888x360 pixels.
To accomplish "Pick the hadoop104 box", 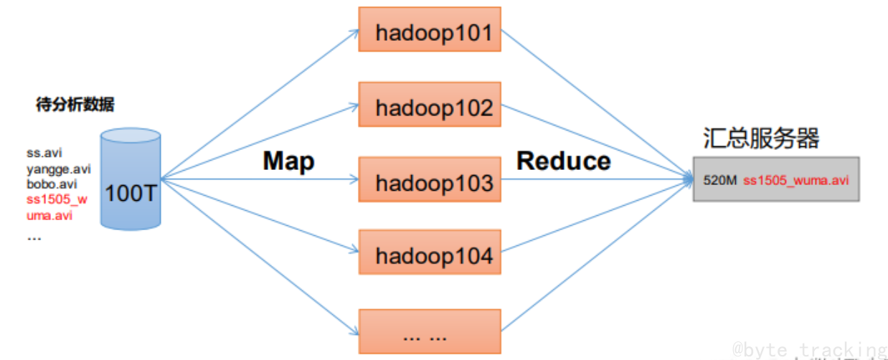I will [x=430, y=255].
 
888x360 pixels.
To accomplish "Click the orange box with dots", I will [x=430, y=331].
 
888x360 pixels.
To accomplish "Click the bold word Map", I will [x=288, y=161].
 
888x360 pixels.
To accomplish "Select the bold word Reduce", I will [x=563, y=161].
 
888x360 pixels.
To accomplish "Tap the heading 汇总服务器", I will [x=761, y=138].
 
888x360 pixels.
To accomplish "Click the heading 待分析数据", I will [x=75, y=105].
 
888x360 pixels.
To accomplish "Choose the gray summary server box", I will [x=775, y=180].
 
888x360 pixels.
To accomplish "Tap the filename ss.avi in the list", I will [x=44, y=153].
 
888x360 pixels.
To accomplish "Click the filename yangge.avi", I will [x=59, y=169].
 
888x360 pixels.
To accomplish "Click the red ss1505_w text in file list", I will [x=57, y=200].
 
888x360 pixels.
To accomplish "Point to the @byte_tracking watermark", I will [x=809, y=349].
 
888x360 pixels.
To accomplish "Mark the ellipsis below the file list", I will [x=34, y=236].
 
